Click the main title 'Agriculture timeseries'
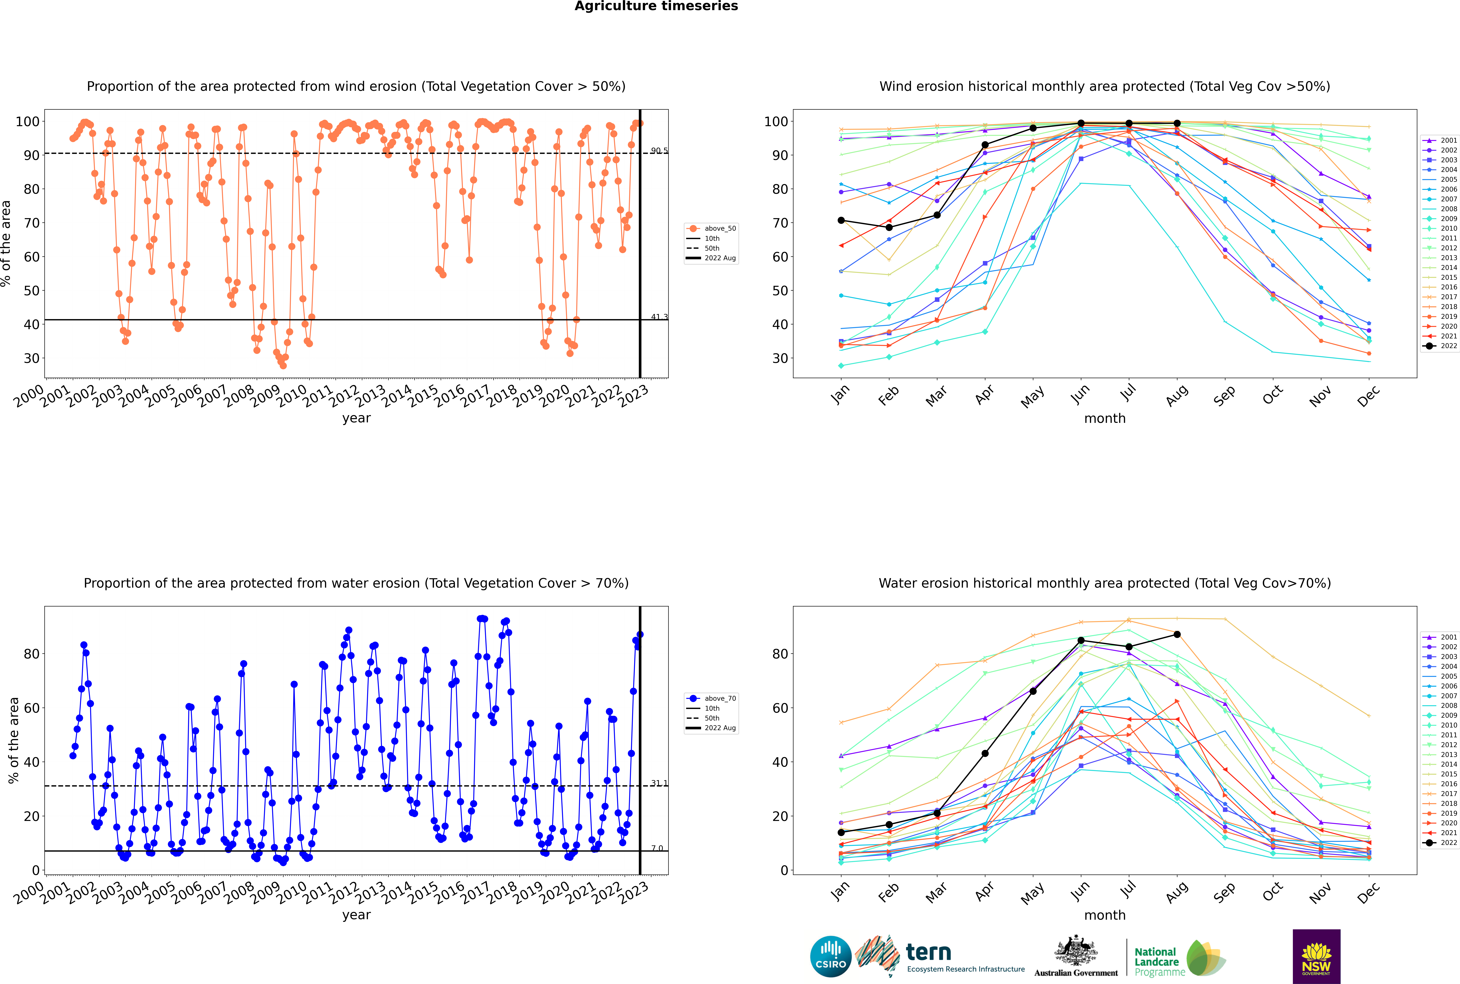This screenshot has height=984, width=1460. pyautogui.click(x=656, y=6)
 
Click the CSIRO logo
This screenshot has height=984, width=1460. pyautogui.click(x=830, y=956)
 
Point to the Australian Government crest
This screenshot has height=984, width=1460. pyautogui.click(x=1076, y=952)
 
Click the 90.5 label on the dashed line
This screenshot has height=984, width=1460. pyautogui.click(x=659, y=151)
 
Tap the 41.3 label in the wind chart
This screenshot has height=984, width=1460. pyautogui.click(x=659, y=317)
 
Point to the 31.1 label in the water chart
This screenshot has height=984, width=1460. pyautogui.click(x=659, y=783)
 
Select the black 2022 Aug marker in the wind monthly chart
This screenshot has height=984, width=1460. pyautogui.click(x=1177, y=124)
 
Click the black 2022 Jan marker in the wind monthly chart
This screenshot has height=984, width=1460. pyautogui.click(x=841, y=220)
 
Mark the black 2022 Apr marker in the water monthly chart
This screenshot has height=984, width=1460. pyautogui.click(x=985, y=753)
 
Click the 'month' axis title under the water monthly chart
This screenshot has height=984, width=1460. pyautogui.click(x=1105, y=915)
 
